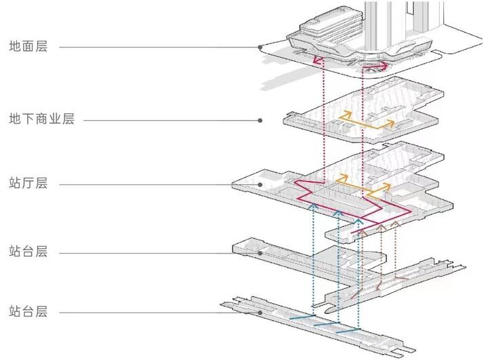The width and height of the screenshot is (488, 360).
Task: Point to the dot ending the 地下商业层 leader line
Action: (261, 121)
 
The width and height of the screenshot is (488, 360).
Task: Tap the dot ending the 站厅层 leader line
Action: (261, 184)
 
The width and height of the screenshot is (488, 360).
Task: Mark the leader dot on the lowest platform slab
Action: (261, 312)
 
